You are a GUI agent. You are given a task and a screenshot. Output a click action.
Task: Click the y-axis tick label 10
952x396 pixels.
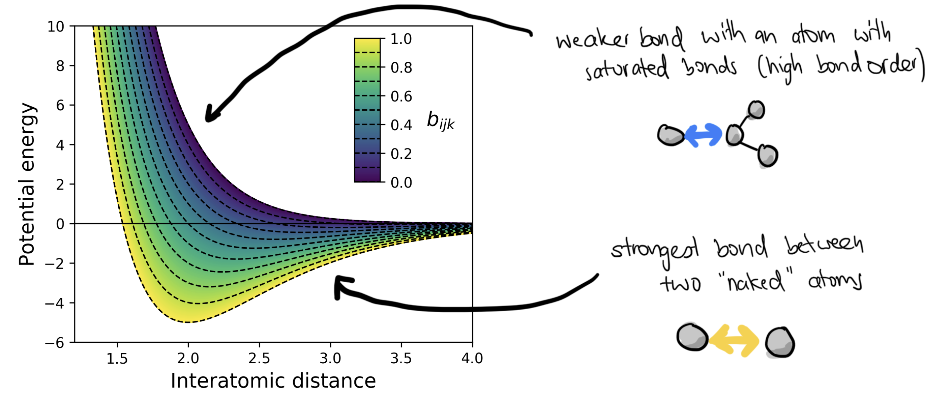56,27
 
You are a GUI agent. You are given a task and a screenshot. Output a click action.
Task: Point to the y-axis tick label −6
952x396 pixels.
55,343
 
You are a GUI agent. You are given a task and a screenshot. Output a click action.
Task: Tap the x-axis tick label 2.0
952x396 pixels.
188,358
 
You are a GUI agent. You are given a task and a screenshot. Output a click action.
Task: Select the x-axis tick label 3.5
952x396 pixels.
401,358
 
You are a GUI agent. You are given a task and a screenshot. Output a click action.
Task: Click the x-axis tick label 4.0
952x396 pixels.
472,358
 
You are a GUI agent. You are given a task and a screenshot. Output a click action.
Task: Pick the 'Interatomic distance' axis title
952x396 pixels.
273,381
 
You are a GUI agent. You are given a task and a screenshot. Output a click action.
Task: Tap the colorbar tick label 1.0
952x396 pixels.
401,39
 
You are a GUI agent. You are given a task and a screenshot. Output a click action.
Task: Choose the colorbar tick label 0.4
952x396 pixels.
401,125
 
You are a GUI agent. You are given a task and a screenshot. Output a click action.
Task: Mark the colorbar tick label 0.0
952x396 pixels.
401,183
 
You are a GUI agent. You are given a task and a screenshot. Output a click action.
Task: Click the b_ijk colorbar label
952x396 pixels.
441,120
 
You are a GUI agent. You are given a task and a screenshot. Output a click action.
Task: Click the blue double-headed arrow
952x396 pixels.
703,135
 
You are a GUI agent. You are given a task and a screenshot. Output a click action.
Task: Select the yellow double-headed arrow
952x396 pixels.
734,341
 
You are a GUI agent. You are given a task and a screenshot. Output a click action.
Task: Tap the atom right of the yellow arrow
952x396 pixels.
780,343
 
